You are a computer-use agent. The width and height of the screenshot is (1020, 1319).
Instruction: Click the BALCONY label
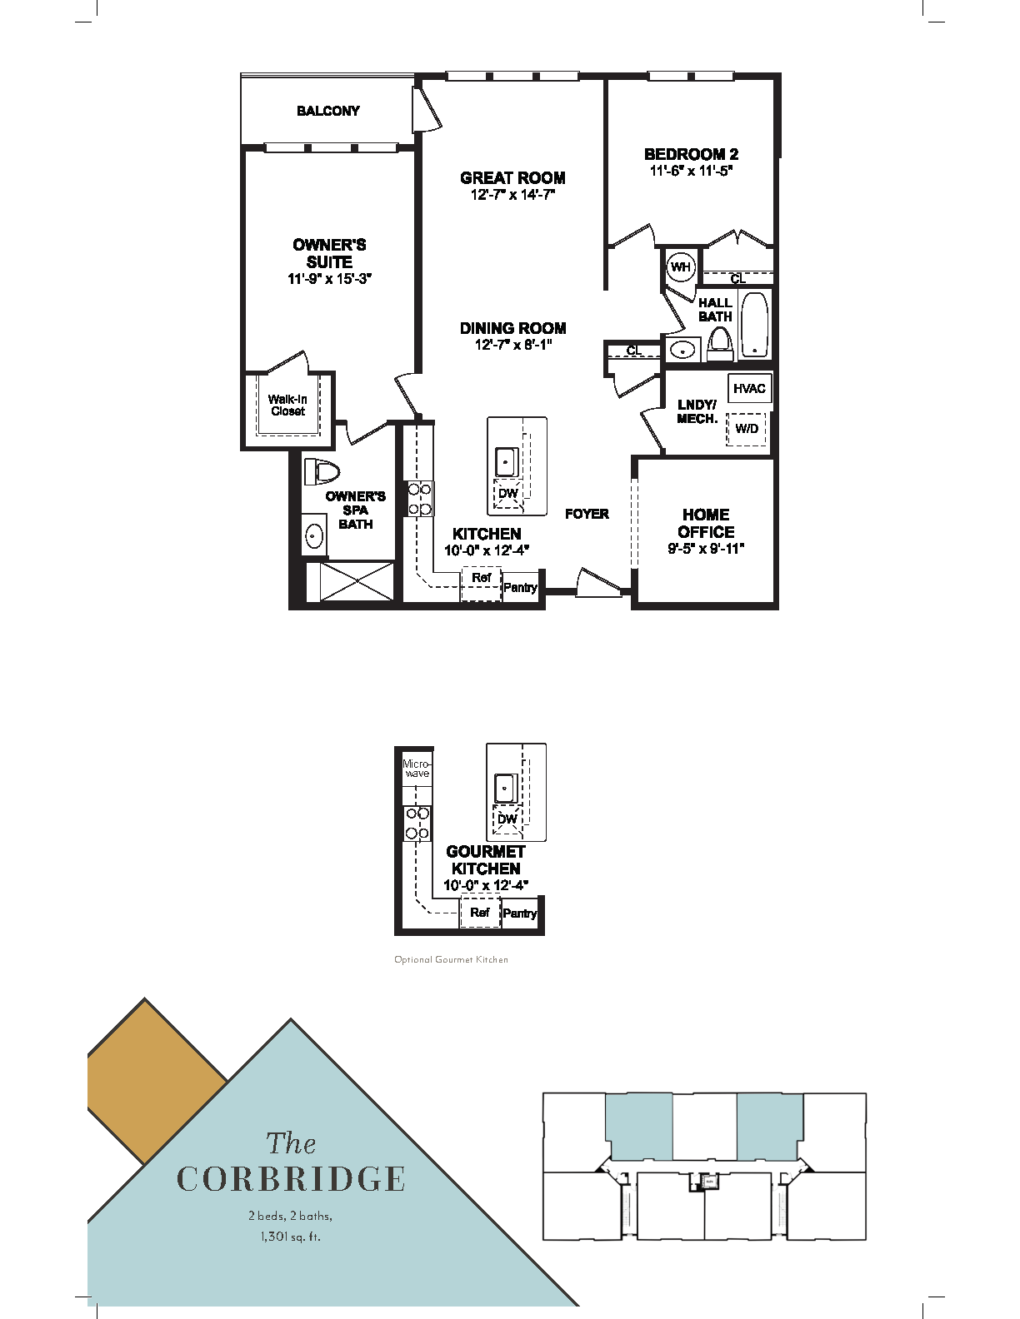(328, 111)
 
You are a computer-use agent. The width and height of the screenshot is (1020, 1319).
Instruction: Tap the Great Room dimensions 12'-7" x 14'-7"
(512, 195)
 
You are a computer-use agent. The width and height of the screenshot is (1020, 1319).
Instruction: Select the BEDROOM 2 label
(691, 154)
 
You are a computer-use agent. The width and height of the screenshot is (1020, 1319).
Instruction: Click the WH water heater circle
(681, 267)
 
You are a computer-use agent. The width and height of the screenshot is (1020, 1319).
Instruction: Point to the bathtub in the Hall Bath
(754, 325)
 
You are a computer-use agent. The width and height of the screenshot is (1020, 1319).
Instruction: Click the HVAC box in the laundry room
(749, 389)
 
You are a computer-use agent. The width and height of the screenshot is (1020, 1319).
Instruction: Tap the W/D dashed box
(747, 429)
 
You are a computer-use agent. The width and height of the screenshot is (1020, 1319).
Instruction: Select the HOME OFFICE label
(706, 523)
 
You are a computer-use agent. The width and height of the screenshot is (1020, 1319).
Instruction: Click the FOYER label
(587, 514)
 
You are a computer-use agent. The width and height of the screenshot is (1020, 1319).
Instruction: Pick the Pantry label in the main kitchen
(520, 588)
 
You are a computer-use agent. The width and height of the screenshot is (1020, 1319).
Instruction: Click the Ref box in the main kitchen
(481, 579)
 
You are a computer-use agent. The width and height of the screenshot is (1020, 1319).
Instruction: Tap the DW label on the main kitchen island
(507, 493)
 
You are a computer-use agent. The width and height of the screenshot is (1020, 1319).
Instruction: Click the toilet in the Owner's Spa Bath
(322, 472)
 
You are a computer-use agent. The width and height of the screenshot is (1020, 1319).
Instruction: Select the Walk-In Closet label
(287, 406)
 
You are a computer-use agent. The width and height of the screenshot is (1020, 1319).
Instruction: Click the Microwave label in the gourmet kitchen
(417, 768)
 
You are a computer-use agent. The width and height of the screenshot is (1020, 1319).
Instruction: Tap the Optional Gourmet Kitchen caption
(451, 959)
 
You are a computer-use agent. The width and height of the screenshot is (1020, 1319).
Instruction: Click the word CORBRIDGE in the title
(291, 1179)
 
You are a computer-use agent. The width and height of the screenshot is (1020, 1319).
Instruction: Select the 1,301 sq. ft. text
(290, 1237)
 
